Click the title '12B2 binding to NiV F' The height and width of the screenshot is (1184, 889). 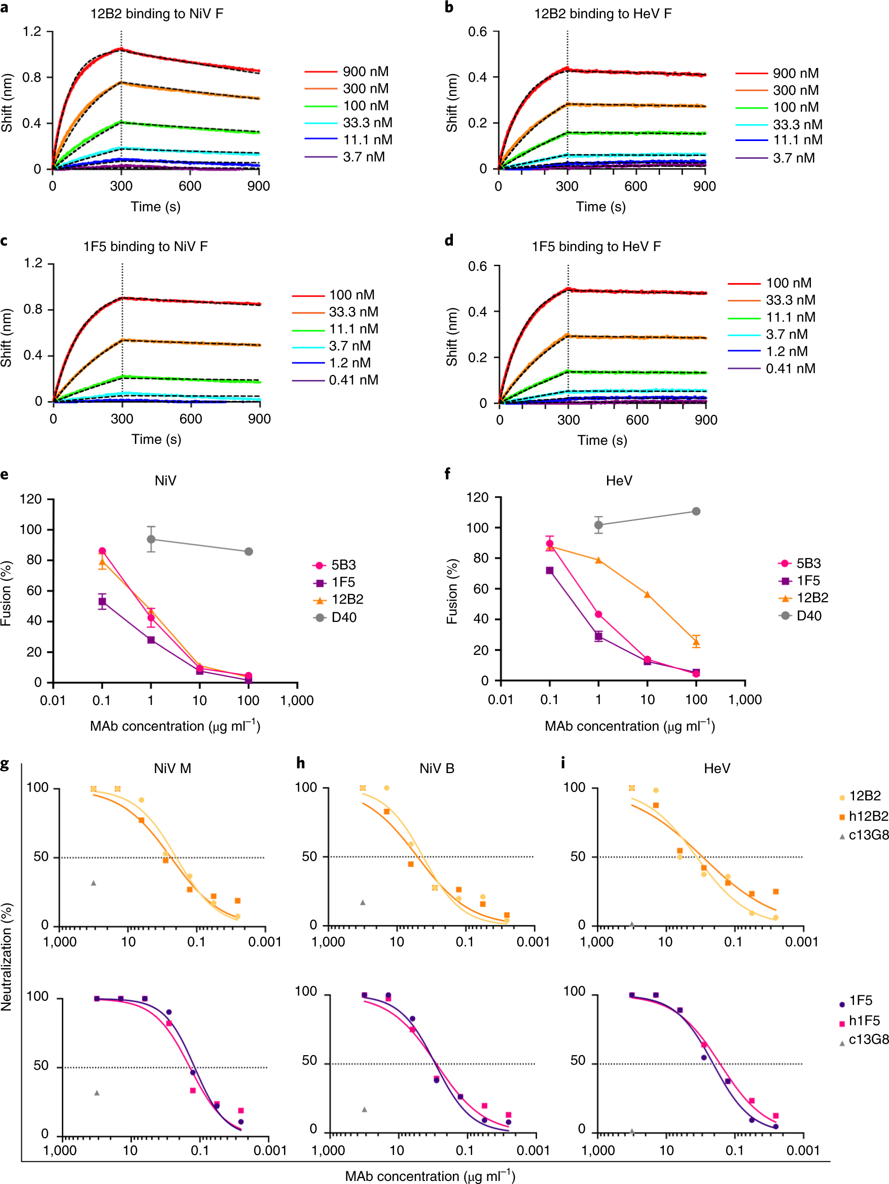pyautogui.click(x=156, y=14)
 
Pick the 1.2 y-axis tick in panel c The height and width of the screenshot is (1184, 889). pyautogui.click(x=32, y=263)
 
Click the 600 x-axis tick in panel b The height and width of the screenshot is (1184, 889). pyautogui.click(x=635, y=186)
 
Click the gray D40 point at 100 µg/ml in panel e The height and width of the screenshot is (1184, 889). pyautogui.click(x=249, y=552)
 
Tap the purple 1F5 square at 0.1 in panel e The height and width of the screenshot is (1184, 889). pyautogui.click(x=102, y=602)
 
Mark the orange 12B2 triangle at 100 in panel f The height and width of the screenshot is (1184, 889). pyautogui.click(x=696, y=642)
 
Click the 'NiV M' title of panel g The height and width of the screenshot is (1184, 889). pyautogui.click(x=172, y=769)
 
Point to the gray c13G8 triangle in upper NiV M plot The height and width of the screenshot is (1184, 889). pyautogui.click(x=94, y=883)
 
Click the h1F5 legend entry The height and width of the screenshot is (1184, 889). pyautogui.click(x=863, y=1021)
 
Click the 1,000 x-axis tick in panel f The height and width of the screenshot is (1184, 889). pyautogui.click(x=744, y=700)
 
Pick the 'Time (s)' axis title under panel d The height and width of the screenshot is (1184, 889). pyautogui.click(x=601, y=440)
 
